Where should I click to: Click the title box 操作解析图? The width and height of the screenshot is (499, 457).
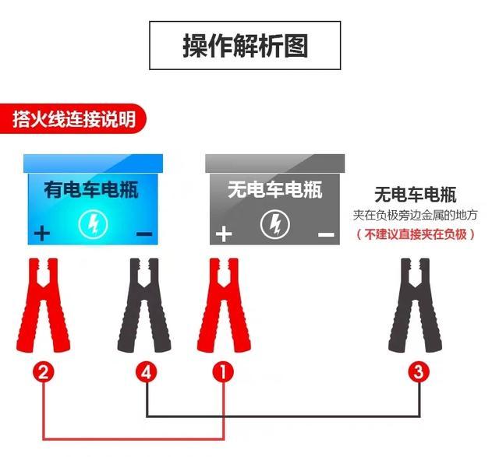pos(245,46)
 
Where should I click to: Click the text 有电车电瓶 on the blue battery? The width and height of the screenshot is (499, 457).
pos(91,189)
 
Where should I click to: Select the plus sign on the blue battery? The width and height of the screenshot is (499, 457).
pos(41,233)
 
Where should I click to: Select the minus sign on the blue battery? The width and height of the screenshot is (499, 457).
pos(143,233)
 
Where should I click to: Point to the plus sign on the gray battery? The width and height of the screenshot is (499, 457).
pos(224,234)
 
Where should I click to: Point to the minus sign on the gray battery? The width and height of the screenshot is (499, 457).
pos(326,234)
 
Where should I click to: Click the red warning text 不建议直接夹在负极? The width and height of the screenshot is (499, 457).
pos(415,234)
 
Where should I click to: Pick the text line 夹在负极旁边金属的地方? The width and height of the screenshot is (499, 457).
pos(415,214)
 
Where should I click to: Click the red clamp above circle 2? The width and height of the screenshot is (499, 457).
pos(44,304)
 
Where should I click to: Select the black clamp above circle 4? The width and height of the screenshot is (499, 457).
pos(145,304)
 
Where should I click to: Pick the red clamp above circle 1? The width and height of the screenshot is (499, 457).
pos(224,304)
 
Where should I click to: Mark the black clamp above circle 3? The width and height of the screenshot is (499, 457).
pos(416,304)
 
